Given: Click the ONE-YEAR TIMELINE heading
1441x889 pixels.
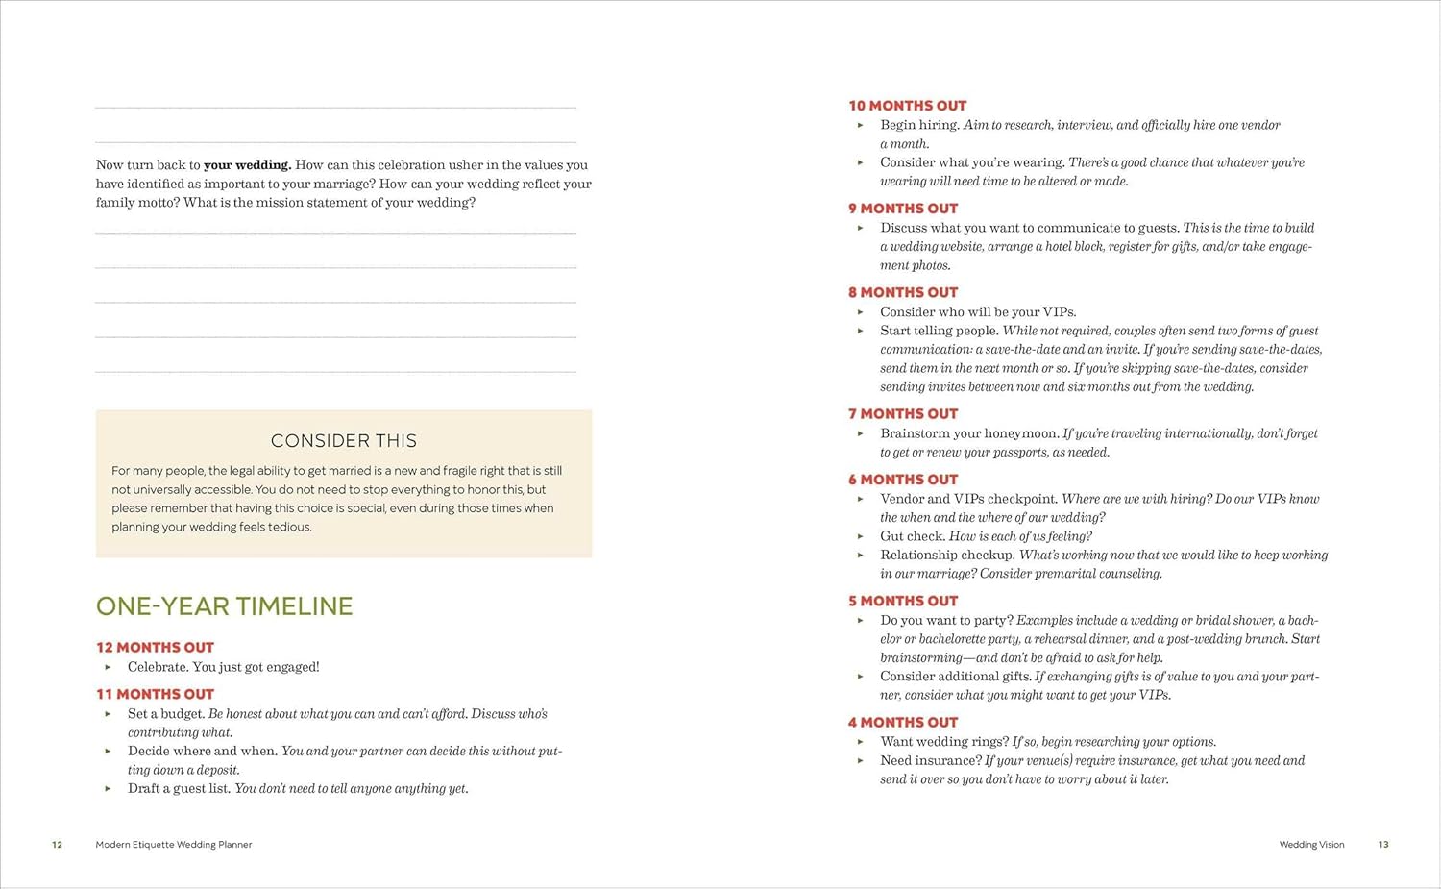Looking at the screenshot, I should [x=224, y=606].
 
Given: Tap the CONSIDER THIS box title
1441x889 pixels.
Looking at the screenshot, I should [x=344, y=441].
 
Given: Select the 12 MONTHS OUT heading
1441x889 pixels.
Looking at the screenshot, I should [x=155, y=648].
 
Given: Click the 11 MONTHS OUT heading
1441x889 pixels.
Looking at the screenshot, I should [x=155, y=694].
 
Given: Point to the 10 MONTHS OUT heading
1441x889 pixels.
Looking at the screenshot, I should [x=907, y=106].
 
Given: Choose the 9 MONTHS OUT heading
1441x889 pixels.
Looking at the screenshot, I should [x=903, y=209].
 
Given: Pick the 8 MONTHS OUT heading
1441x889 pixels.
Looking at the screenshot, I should [x=903, y=292].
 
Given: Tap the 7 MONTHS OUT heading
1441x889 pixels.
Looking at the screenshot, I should [x=903, y=414].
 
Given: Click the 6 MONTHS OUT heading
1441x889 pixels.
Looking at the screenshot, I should [x=903, y=480].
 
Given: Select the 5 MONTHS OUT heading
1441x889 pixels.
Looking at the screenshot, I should [x=903, y=601].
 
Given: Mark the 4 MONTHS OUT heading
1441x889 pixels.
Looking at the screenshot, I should [x=903, y=723].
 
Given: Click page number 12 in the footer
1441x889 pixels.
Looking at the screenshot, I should [x=57, y=845].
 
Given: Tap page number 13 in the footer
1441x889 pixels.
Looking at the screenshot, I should [x=1383, y=845].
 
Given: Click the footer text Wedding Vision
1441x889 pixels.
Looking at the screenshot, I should [x=1311, y=845].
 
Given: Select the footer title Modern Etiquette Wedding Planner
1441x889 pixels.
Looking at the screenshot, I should [x=174, y=845].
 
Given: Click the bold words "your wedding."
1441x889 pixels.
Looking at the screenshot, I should [x=247, y=165].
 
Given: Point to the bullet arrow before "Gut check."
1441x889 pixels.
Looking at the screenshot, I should [x=861, y=536].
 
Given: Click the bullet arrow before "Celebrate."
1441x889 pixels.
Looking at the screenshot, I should [x=108, y=667].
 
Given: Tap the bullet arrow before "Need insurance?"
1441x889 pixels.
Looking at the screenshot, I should [x=861, y=761].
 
